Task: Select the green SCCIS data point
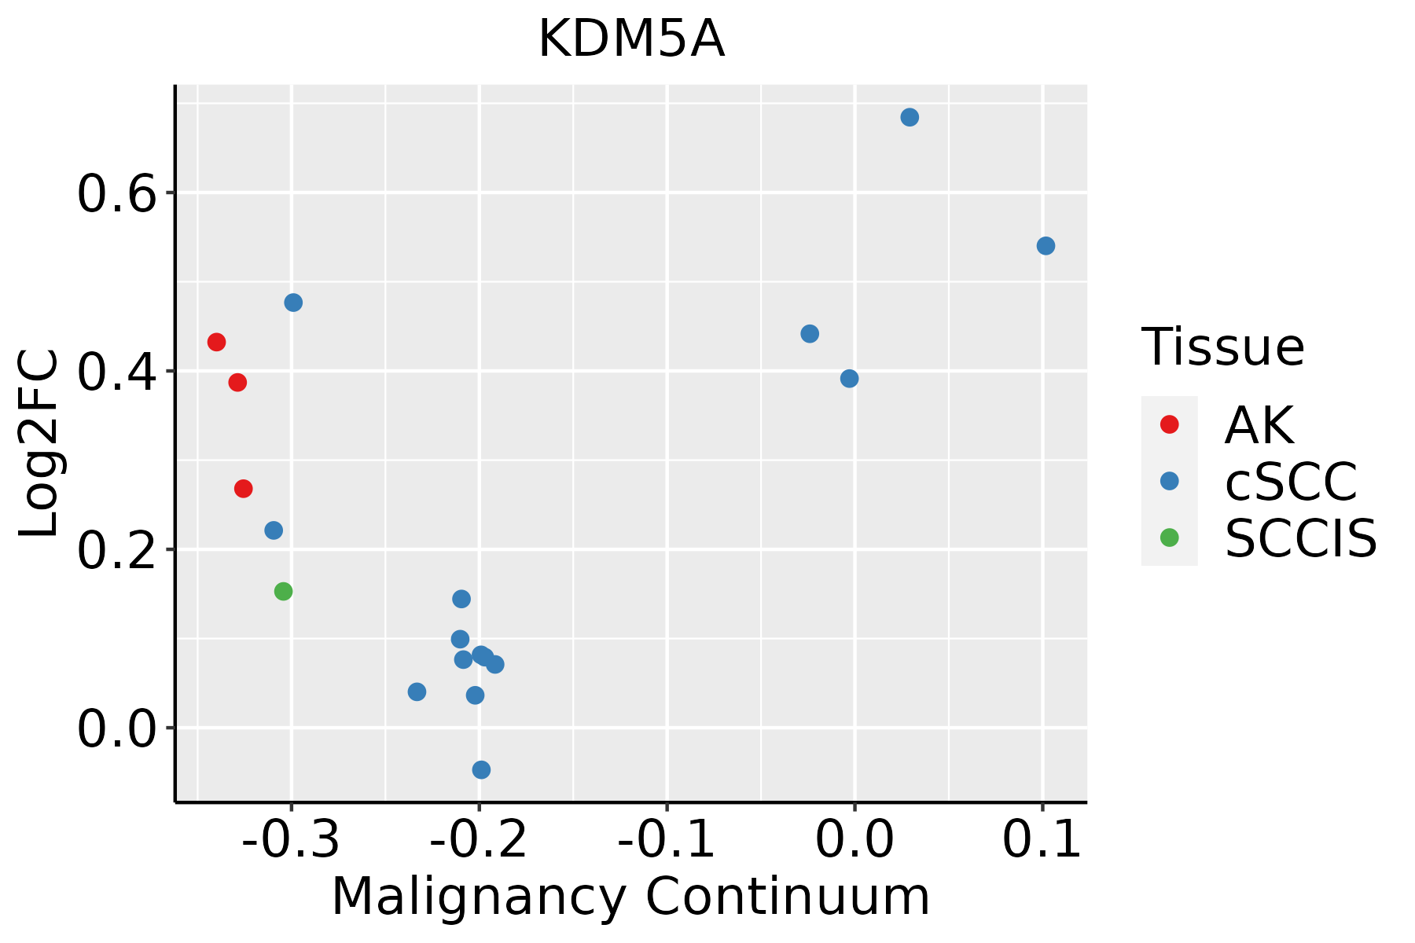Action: (284, 591)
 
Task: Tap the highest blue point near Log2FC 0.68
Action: (910, 118)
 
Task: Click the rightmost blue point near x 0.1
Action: (1046, 246)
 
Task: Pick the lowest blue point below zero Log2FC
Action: (482, 769)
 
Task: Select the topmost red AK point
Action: (217, 342)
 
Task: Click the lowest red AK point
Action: (244, 489)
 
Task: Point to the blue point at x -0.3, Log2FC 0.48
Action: (293, 303)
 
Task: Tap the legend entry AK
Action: (1258, 425)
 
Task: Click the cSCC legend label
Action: (1290, 481)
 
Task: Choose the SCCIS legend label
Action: (1300, 538)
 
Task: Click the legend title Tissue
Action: (1222, 347)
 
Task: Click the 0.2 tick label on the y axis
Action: (116, 550)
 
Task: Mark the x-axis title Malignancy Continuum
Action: (630, 897)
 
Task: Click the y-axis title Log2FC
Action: (39, 443)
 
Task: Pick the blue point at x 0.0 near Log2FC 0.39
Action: (849, 379)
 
